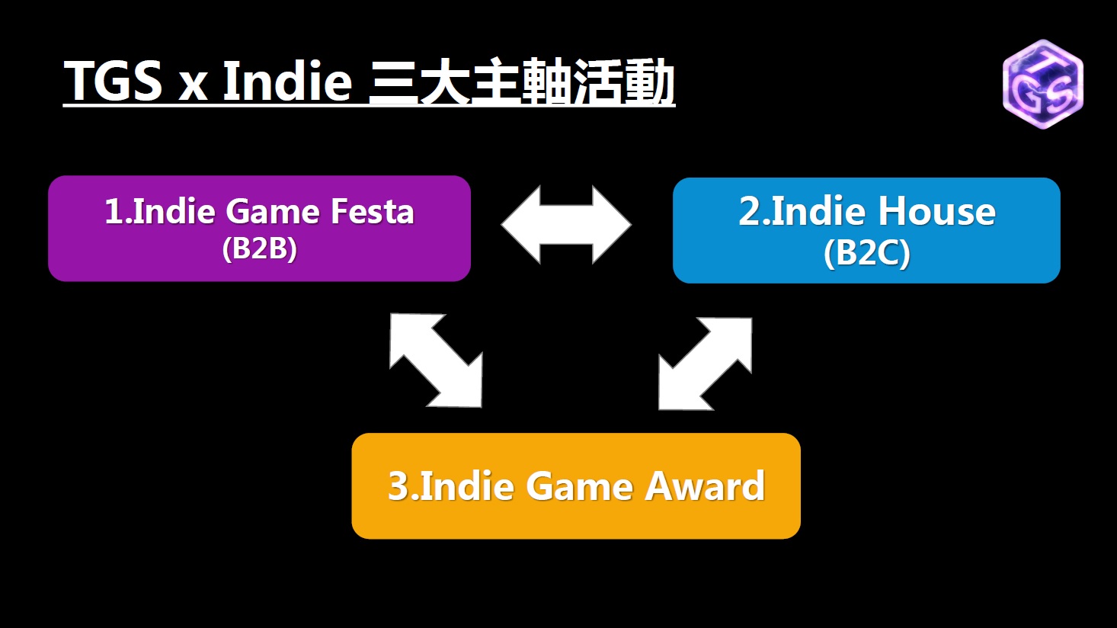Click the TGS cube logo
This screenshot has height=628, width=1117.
1042,84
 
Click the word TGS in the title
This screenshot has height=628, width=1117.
114,81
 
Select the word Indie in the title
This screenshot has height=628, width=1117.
287,80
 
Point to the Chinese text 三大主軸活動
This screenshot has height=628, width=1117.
521,82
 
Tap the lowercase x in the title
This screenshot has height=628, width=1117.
193,87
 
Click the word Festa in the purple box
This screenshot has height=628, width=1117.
372,212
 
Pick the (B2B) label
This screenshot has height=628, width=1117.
259,248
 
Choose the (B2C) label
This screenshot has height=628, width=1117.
866,253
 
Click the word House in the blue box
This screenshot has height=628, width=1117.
936,212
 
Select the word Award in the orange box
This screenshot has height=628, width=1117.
705,485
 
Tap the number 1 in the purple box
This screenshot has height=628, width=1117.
114,212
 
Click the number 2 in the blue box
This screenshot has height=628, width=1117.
749,212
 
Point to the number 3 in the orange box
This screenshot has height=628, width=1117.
398,485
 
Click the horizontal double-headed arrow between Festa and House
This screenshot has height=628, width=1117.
566,225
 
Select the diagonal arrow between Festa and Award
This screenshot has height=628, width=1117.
436,360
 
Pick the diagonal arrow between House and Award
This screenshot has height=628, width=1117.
705,364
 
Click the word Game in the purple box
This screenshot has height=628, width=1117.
274,212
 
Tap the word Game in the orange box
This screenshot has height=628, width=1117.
579,485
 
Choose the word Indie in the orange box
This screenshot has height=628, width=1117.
467,485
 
